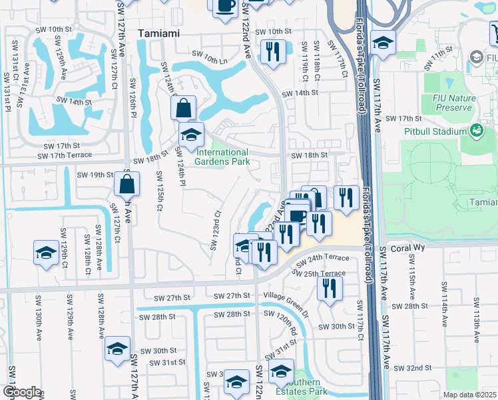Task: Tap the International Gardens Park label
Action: click(222, 157)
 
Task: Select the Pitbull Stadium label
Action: click(435, 131)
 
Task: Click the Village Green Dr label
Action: click(286, 295)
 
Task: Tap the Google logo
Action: click(21, 392)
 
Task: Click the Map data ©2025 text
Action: click(470, 395)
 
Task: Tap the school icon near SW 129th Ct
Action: click(46, 253)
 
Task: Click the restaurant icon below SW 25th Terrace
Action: click(329, 287)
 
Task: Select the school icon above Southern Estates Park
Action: click(281, 370)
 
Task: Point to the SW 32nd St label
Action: click(413, 368)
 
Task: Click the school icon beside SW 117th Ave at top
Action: click(382, 43)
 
